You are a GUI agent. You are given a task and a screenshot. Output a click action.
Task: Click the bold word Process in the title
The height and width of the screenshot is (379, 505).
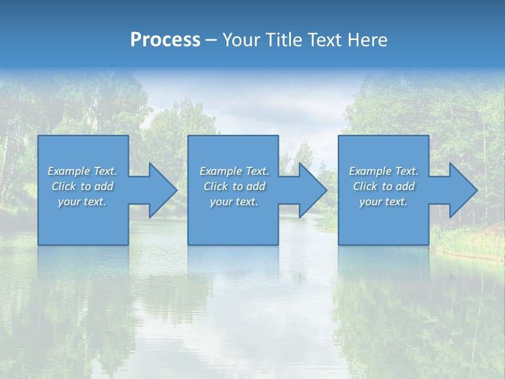click(x=165, y=40)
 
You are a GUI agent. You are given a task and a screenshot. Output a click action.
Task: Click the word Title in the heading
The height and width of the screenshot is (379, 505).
click(x=282, y=40)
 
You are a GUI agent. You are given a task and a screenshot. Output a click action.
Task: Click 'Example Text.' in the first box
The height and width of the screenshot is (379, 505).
click(x=82, y=171)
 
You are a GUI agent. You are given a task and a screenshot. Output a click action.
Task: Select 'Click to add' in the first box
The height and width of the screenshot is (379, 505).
click(x=82, y=186)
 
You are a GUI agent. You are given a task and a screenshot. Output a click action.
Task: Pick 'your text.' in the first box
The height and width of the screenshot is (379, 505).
click(x=82, y=202)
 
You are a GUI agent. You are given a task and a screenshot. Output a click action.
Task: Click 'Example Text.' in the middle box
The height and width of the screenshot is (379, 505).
click(x=234, y=171)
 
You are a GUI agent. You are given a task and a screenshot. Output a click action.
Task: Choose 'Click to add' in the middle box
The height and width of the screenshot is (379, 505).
click(x=234, y=186)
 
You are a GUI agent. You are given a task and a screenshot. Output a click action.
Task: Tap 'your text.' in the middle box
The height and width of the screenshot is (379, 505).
click(x=234, y=202)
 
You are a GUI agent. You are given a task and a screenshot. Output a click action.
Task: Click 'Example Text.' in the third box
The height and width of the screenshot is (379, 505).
click(x=383, y=171)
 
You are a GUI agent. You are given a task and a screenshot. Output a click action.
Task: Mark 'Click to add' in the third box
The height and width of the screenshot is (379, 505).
click(x=383, y=186)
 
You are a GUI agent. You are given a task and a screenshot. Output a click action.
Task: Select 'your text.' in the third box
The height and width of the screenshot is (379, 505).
click(x=383, y=202)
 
